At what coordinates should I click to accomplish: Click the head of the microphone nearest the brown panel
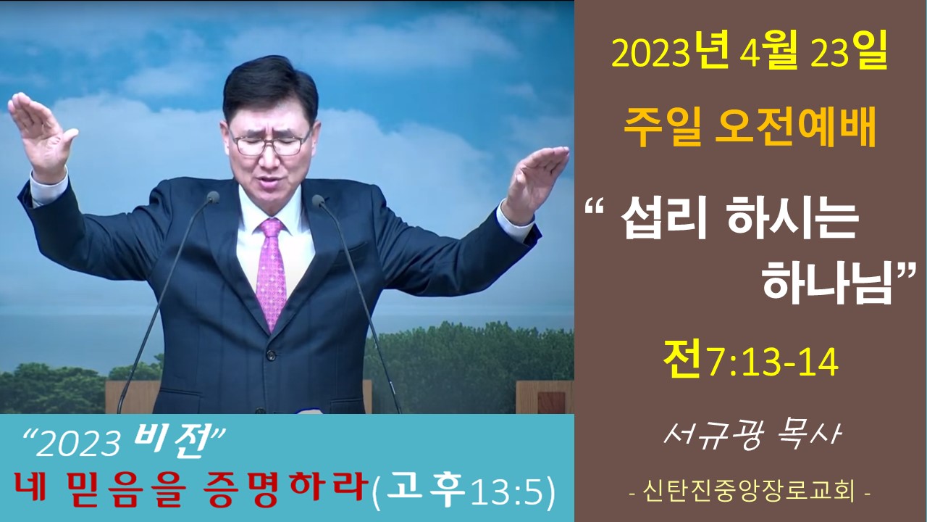[318, 201]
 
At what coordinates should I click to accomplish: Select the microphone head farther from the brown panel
[213, 196]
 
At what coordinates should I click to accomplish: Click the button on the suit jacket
[270, 355]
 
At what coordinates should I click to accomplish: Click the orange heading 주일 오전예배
[750, 126]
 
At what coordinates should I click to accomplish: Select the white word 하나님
[827, 285]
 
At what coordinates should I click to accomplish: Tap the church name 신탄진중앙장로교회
[749, 492]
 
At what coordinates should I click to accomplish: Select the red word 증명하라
[286, 491]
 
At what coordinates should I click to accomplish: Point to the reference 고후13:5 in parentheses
[464, 492]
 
